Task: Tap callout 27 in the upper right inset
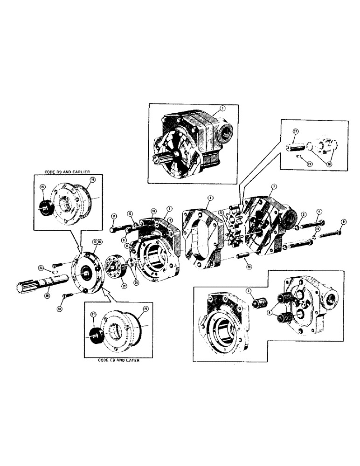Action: (x=295, y=132)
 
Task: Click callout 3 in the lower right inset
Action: (x=249, y=290)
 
